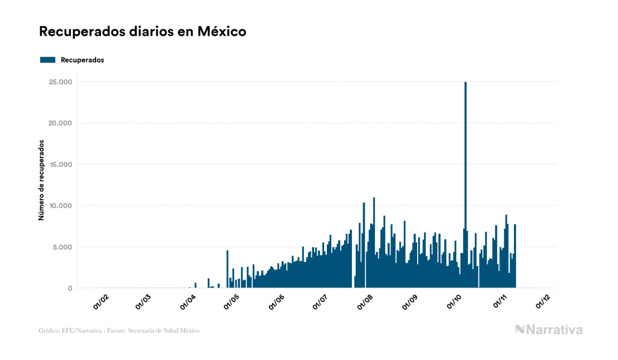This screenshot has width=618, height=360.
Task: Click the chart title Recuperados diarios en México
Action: (143, 32)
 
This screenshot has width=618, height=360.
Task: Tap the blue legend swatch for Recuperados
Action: (48, 60)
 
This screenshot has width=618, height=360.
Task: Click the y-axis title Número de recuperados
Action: (41, 181)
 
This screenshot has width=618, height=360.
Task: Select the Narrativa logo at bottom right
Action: (549, 330)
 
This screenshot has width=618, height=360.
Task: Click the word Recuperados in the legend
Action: (82, 60)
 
